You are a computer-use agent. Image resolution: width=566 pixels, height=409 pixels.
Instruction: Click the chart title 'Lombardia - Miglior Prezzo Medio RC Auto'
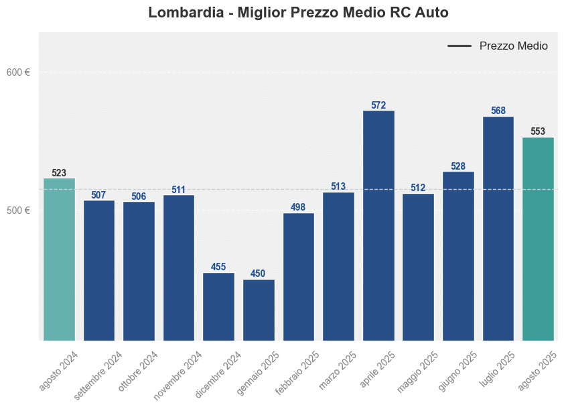(x=298, y=13)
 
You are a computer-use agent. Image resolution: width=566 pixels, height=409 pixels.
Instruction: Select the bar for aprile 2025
(x=378, y=226)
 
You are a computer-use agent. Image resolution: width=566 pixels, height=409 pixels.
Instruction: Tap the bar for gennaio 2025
(x=259, y=310)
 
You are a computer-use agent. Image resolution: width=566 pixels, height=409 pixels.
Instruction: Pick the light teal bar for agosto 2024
(x=59, y=259)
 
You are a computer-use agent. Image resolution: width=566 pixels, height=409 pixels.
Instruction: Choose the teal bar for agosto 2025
(x=538, y=239)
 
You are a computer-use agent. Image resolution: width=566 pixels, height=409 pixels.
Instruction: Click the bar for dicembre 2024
(x=218, y=306)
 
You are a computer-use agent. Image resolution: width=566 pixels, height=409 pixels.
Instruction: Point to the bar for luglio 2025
(x=498, y=229)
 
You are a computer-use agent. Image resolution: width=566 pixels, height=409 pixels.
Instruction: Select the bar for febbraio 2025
(x=299, y=277)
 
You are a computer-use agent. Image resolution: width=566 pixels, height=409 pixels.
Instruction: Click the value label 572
(x=378, y=105)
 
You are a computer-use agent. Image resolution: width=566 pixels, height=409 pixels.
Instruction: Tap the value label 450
(x=258, y=274)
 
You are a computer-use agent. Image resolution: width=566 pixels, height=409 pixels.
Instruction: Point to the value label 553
(x=538, y=131)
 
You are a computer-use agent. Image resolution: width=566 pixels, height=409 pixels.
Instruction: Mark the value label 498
(x=298, y=207)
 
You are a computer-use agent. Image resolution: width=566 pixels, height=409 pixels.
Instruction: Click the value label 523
(x=59, y=173)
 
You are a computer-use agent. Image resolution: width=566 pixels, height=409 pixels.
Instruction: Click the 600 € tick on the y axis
(x=18, y=72)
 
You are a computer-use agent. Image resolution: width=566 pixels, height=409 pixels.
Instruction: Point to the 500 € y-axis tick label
(x=18, y=211)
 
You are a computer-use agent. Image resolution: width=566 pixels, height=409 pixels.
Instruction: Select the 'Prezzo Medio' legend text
(x=513, y=46)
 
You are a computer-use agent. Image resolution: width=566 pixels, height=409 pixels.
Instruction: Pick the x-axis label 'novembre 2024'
(x=178, y=375)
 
